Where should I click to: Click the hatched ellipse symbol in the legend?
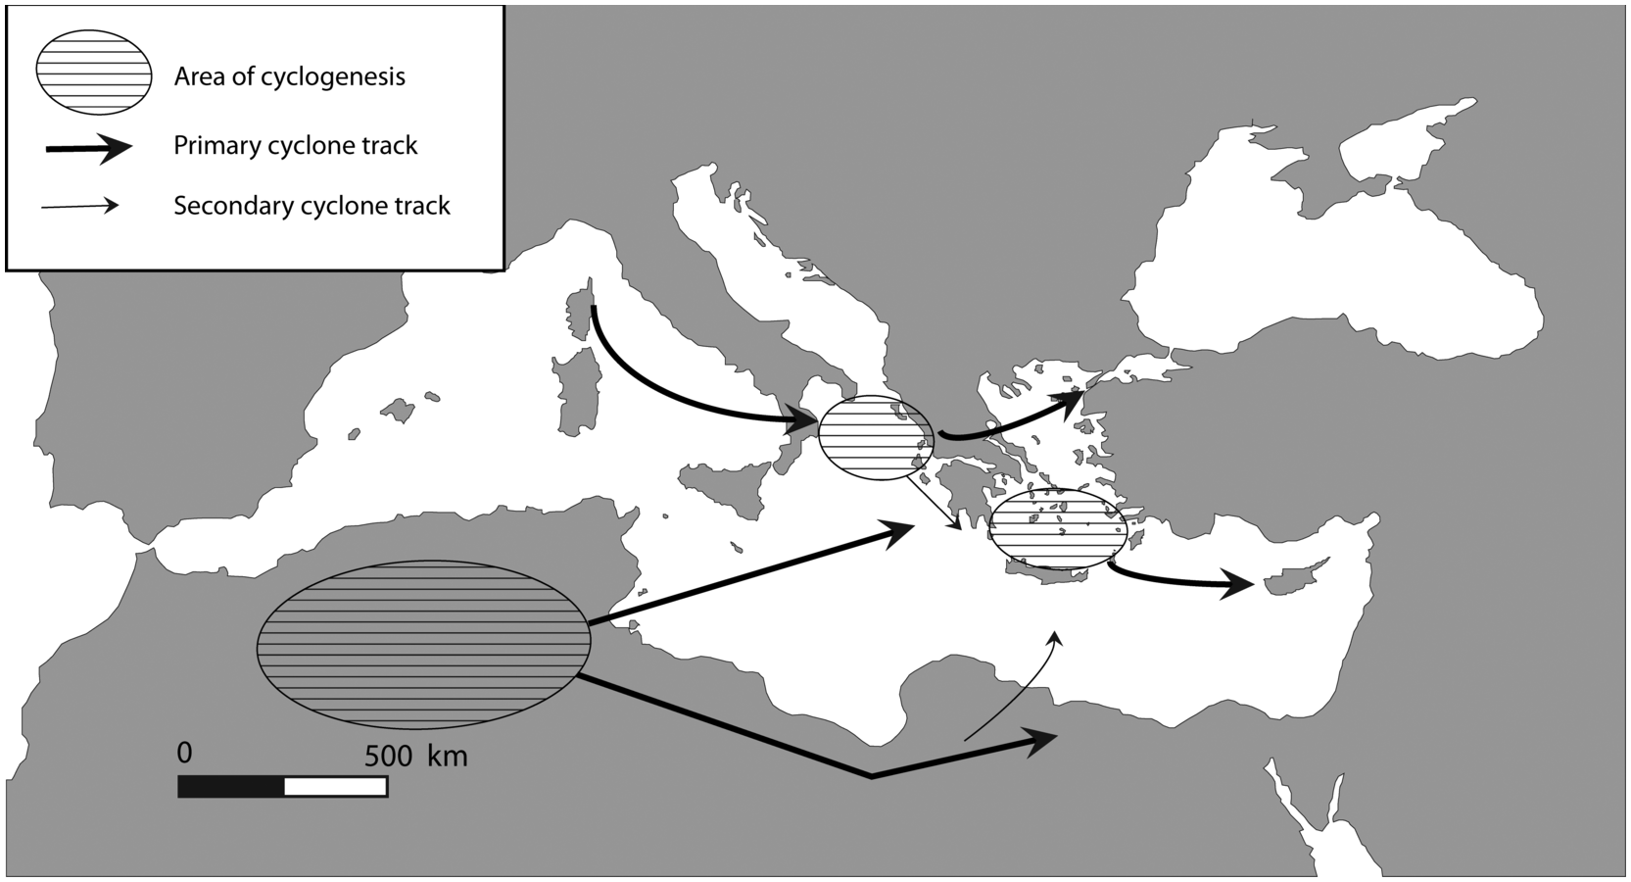[x=93, y=75]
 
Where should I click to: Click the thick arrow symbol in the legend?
[x=88, y=148]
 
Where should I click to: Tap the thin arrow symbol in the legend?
[x=80, y=206]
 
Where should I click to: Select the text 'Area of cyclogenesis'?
[x=289, y=76]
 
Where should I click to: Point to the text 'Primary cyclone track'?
[x=295, y=146]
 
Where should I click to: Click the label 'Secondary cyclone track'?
[x=312, y=206]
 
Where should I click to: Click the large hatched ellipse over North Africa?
[x=423, y=644]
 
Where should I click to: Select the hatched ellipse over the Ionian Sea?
[x=875, y=438]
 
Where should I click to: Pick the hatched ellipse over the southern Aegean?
[x=1056, y=528]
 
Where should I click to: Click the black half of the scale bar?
[x=231, y=786]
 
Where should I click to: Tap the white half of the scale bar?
[x=335, y=786]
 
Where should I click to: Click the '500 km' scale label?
[x=415, y=756]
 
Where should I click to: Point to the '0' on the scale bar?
[x=184, y=753]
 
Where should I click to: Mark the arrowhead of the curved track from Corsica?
[x=803, y=422]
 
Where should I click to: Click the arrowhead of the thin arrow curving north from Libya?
[x=1055, y=639]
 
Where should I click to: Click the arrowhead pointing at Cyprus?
[x=1240, y=586]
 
